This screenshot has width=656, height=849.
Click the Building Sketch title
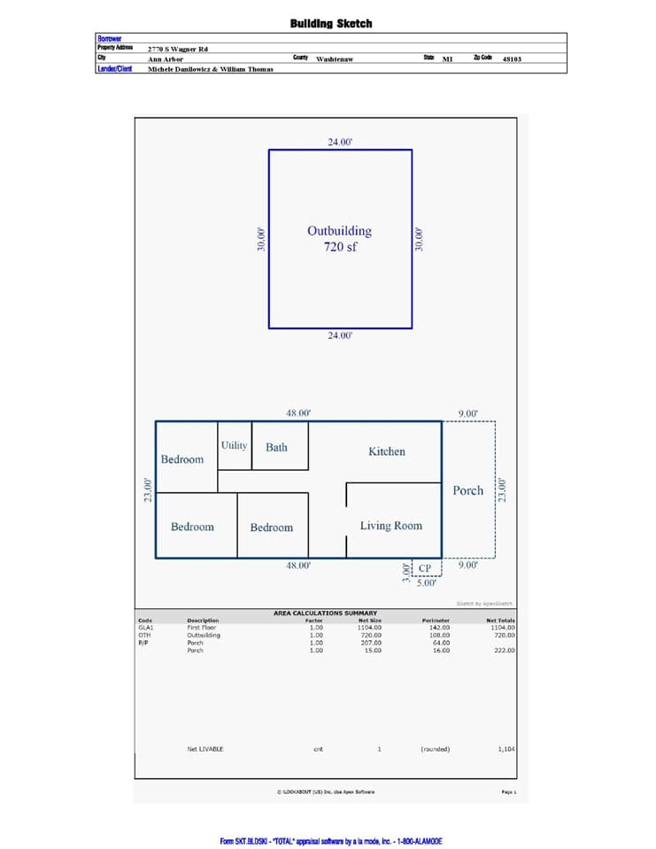click(x=331, y=24)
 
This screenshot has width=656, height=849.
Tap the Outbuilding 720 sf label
click(x=339, y=239)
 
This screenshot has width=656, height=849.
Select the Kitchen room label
click(x=387, y=452)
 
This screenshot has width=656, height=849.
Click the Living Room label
click(x=390, y=526)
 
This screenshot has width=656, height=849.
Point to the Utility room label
click(x=235, y=445)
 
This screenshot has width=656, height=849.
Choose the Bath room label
click(x=276, y=447)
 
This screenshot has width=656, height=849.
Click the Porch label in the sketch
click(x=468, y=490)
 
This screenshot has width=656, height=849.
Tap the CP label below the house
click(x=425, y=568)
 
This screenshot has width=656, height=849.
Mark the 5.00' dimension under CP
click(x=426, y=583)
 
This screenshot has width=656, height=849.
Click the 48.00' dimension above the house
click(x=298, y=413)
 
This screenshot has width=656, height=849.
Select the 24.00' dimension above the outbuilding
click(x=340, y=142)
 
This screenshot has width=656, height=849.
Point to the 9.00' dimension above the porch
click(x=468, y=413)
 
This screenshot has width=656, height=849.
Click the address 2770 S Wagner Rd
click(x=178, y=49)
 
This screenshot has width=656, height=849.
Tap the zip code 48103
click(x=511, y=59)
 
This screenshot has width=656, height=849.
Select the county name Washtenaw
click(x=336, y=59)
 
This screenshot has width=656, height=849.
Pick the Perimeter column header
click(x=436, y=621)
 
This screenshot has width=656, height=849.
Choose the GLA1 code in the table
click(x=146, y=627)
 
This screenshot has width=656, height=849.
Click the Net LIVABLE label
click(x=205, y=749)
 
